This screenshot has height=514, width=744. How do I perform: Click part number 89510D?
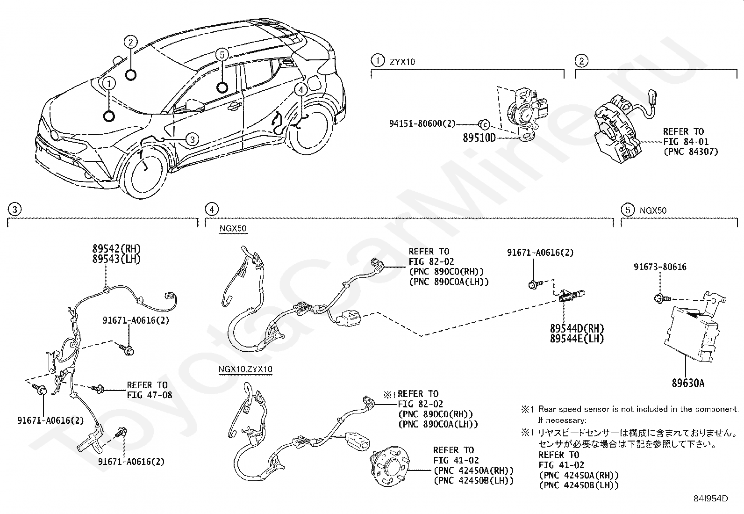tap(479, 138)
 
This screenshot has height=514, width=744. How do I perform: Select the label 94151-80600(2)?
tap(422, 123)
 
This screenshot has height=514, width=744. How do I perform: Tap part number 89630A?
tap(688, 384)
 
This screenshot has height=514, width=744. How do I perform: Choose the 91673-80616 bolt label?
tap(660, 267)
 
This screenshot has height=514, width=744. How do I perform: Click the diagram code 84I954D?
tap(711, 499)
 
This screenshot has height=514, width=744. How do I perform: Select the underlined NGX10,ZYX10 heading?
tap(245, 369)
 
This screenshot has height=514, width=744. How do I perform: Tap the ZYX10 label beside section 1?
tap(402, 62)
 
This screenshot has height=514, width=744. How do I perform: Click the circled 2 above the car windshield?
tap(131, 42)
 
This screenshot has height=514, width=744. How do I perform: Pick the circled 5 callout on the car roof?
tap(222, 55)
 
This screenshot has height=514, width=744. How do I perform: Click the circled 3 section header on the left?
tap(14, 210)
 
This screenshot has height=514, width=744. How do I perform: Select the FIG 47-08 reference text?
tap(150, 395)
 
